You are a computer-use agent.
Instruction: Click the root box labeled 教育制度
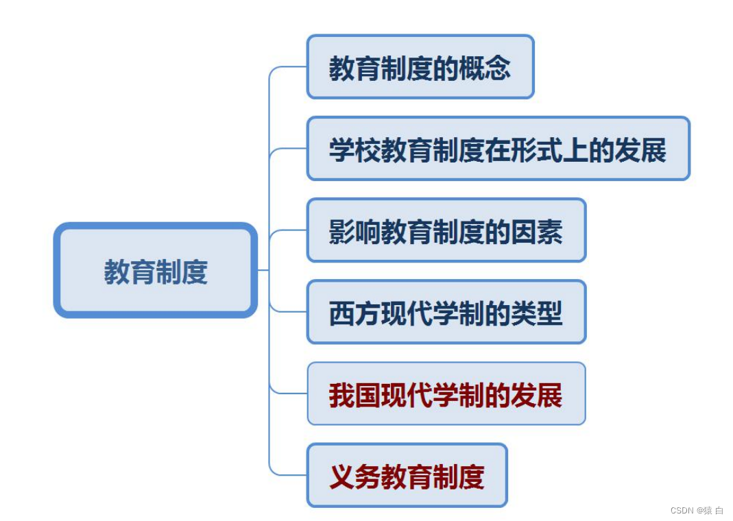[156, 270]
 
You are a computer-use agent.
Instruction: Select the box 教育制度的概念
[420, 67]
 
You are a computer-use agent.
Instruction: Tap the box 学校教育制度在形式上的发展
[498, 149]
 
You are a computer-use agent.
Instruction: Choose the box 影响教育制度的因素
[446, 230]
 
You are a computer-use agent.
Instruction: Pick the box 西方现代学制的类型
[446, 312]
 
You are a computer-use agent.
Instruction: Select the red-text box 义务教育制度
[407, 475]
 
